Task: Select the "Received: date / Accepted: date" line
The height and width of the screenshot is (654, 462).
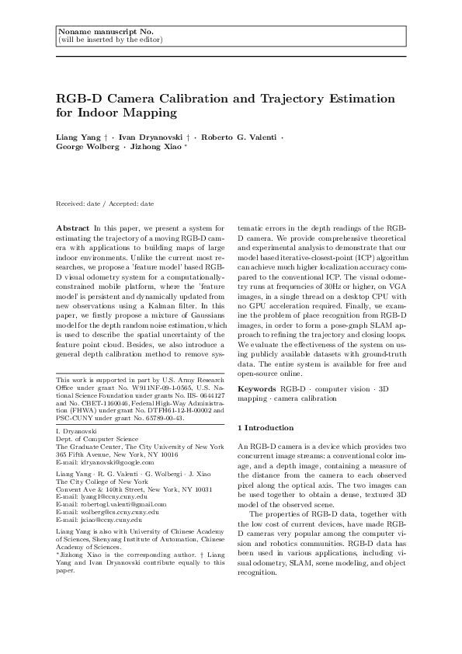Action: coord(105,204)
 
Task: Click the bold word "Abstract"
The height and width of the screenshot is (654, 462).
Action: coord(73,228)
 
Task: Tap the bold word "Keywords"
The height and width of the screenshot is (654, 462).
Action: coord(257,387)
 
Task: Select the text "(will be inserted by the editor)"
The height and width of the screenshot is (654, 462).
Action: coord(110,39)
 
